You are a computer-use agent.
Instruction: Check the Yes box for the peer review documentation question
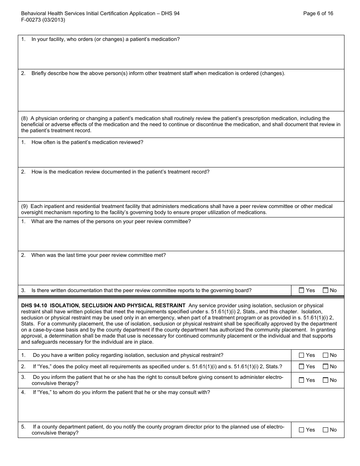click(302, 291)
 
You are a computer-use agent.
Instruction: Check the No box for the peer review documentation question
click(325, 291)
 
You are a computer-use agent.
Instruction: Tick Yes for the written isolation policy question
click(302, 355)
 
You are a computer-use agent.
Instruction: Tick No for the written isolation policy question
click(325, 355)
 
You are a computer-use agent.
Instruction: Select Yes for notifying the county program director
click(302, 430)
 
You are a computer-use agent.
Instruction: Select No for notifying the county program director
click(325, 430)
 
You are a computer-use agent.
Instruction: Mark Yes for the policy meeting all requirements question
click(302, 367)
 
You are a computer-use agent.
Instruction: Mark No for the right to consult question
click(325, 380)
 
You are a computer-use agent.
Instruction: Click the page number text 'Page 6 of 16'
click(318, 13)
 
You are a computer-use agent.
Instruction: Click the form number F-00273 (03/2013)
click(43, 20)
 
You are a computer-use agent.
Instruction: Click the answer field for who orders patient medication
click(181, 56)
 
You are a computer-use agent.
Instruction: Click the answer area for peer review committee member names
click(181, 239)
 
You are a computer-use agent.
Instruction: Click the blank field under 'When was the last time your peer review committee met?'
click(181, 272)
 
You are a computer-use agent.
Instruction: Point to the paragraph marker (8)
click(24, 119)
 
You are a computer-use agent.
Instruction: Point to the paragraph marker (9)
click(24, 206)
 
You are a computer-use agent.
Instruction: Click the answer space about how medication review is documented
click(181, 188)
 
